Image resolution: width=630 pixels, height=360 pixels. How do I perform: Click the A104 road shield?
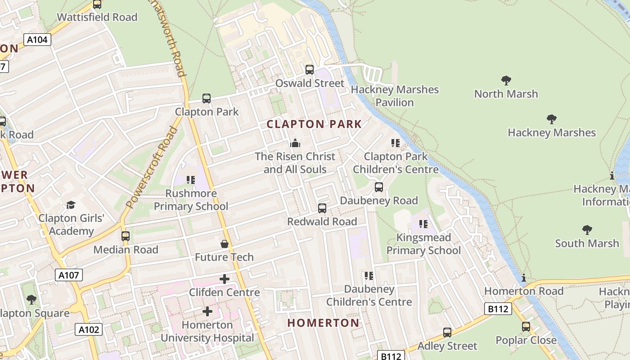coord(37,40)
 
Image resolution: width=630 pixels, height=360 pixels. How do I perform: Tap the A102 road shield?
coord(89,330)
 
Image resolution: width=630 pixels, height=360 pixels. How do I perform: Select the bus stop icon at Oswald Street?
coord(310,70)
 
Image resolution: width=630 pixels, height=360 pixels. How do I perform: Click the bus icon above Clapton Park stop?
coord(207,99)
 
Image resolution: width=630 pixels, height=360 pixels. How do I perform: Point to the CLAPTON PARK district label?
coord(314,124)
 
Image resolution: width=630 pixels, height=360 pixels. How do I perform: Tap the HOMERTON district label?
coord(323,323)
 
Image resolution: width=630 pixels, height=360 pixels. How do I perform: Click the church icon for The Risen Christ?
coord(295,143)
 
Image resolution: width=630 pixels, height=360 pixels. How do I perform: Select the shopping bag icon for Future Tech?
coord(224,244)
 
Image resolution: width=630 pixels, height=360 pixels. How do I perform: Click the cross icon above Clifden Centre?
coord(224,279)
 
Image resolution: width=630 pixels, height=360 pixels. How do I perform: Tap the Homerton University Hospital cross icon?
coord(207,311)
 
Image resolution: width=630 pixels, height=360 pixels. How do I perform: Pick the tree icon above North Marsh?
coord(506,81)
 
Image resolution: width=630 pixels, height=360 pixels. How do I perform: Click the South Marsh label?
coord(587,243)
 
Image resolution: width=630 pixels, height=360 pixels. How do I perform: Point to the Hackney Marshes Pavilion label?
coord(395,96)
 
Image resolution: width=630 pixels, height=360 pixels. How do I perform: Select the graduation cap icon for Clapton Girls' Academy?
coord(71,205)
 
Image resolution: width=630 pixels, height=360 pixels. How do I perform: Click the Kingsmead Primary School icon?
coord(423,224)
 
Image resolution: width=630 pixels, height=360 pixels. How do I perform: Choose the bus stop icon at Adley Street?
coord(447,333)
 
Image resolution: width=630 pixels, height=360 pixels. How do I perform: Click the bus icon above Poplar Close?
coord(526,327)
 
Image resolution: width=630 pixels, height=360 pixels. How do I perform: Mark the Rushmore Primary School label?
coord(191,200)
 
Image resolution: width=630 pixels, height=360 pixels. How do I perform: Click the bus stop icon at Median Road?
coord(126,236)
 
